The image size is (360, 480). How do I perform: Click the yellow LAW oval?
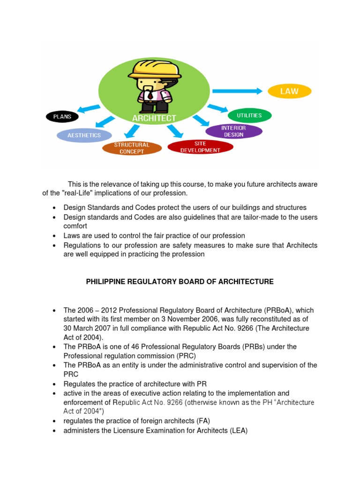[x=289, y=91]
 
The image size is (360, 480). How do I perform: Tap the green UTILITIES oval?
[x=249, y=115]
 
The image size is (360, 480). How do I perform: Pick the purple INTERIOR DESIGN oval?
[x=234, y=131]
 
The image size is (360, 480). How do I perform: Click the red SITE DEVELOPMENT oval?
[x=200, y=147]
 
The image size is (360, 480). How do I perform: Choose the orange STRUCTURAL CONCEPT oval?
[x=132, y=148]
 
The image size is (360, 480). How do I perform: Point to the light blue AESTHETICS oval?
[x=84, y=135]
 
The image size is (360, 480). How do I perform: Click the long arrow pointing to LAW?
[x=237, y=91]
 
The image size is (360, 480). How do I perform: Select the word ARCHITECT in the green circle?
[x=154, y=119]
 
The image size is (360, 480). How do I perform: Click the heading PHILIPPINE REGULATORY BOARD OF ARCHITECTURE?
[x=180, y=282]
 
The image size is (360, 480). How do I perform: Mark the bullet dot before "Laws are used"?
[x=55, y=236]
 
